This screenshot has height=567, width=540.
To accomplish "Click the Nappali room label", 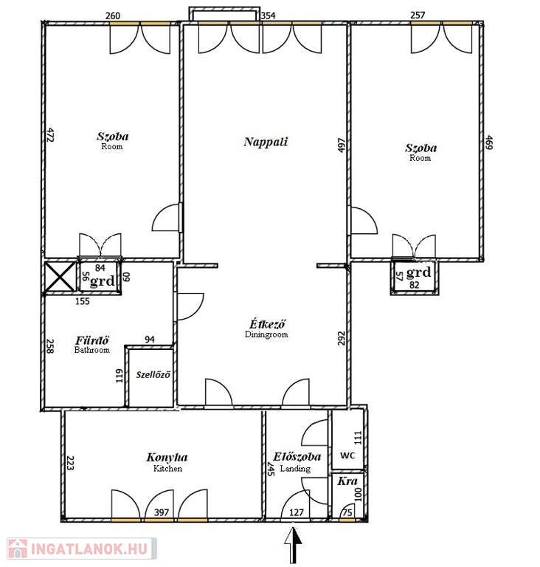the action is tap(266, 142).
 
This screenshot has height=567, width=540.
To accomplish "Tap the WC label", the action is tap(347, 456).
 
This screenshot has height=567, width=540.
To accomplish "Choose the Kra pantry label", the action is tap(347, 481).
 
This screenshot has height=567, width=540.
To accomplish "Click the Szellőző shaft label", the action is tap(153, 374).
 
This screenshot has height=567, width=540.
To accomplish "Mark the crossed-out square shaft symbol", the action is tap(60, 277).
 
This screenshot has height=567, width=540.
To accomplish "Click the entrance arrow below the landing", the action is tap(293, 545).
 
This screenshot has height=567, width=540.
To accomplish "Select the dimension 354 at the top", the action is tap(268, 16).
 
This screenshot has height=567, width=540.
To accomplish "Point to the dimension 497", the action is tap(342, 145).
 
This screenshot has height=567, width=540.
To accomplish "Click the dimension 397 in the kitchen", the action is tap(162, 512).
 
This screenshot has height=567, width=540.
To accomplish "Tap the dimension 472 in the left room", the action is tap(50, 135).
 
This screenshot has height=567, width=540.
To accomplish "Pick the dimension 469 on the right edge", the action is tap(489, 142).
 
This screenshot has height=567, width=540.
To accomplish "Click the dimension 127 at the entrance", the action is tap(297, 512).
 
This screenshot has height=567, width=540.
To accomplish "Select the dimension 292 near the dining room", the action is tap(342, 338).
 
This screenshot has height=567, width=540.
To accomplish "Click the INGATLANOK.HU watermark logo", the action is tap(82, 549).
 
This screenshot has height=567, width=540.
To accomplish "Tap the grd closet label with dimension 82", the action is tap(418, 272).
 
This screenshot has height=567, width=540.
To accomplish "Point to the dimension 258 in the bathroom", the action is tap(50, 346).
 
